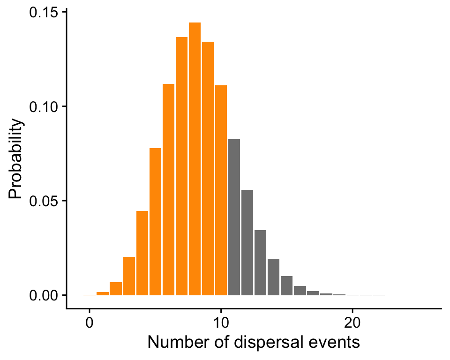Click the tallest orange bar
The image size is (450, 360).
(195, 159)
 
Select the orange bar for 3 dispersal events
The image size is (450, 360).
(129, 276)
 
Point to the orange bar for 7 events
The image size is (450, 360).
(181, 166)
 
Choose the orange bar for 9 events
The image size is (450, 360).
(208, 169)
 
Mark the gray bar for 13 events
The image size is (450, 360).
(260, 262)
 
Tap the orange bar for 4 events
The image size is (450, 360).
(142, 253)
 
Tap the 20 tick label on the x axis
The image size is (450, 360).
(352, 323)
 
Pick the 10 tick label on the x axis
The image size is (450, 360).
(221, 323)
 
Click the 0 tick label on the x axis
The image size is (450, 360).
(89, 323)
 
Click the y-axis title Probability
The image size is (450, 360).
(16, 159)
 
